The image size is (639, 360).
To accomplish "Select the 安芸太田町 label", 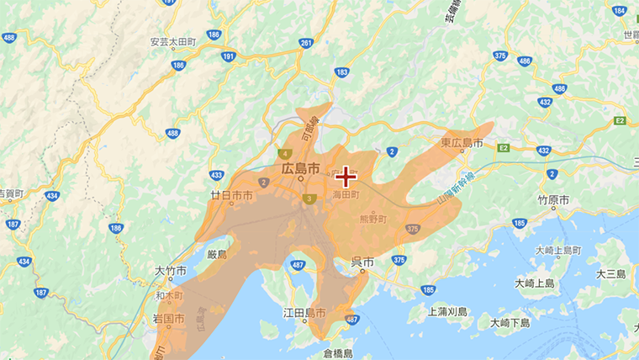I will coord(172,41).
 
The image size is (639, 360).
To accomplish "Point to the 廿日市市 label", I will coord(231,195).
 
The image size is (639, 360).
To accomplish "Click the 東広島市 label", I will coord(462,144).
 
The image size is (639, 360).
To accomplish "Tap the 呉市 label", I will coord(362,262).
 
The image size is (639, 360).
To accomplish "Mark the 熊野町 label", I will coord(372,219).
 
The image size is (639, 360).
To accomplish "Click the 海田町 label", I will coord(346,194).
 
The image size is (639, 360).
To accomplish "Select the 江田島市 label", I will coord(304,313).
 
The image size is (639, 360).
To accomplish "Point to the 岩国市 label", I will coord(168,319).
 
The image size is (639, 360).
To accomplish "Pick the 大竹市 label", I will coord(170,271).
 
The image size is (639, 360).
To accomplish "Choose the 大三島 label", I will coord(611,274).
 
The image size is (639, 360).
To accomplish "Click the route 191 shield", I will coord(229,56).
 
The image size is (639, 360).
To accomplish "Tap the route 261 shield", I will coord(305,43).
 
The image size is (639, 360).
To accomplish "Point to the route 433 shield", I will coord(217,175).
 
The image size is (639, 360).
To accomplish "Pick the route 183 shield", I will coord(341,73).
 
